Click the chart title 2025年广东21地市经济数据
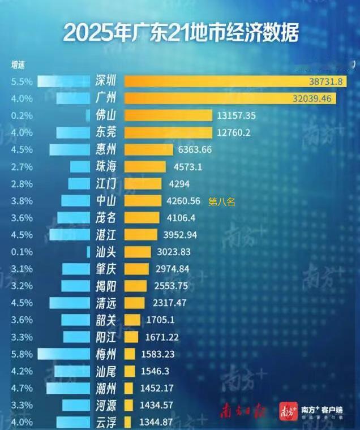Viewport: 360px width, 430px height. tap(180, 32)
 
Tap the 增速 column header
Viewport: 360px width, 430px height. tap(18, 64)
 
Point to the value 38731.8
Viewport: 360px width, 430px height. tap(325, 82)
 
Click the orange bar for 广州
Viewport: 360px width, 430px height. tap(230, 98)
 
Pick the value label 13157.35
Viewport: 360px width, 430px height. tap(236, 115)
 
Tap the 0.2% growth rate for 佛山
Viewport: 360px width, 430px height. tap(22, 115)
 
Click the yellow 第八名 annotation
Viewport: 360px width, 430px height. tap(221, 201)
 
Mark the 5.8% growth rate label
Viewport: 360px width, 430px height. tap(22, 354)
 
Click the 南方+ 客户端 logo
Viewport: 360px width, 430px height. tap(314, 411)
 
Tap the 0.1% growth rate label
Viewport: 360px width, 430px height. tap(22, 252)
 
